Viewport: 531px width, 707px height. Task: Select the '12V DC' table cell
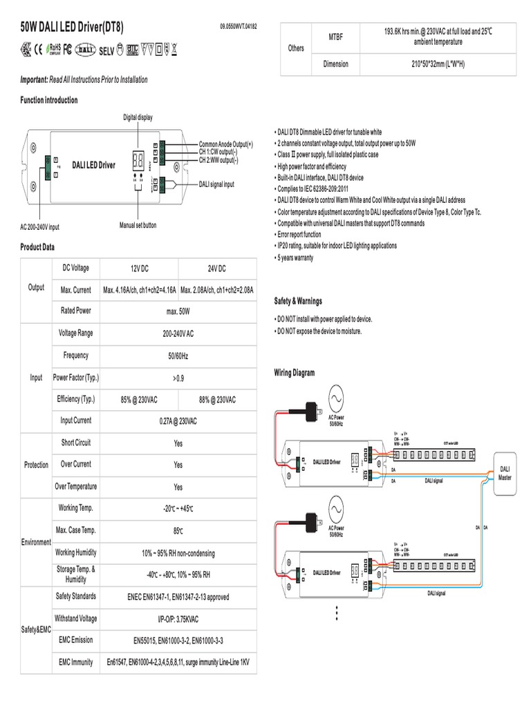pos(139,269)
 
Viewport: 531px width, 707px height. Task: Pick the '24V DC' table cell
pos(217,269)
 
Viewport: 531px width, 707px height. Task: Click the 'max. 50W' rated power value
pos(178,312)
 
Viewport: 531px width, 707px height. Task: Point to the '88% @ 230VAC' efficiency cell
pos(217,400)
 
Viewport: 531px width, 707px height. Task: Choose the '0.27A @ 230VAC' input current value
pos(178,421)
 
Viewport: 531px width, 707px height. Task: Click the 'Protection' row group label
pos(36,465)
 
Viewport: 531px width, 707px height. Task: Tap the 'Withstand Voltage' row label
pos(76,618)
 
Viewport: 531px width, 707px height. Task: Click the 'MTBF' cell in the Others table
pos(335,36)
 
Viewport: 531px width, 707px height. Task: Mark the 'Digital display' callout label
pos(138,117)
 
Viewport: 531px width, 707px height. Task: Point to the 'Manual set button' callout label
pos(138,226)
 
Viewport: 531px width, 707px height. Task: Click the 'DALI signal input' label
pos(216,184)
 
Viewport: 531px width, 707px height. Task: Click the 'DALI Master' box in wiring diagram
pos(505,473)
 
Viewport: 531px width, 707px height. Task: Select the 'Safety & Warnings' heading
pos(298,302)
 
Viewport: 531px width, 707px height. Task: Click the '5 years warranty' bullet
pos(295,258)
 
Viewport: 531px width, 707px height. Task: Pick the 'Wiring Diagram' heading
pos(294,373)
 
